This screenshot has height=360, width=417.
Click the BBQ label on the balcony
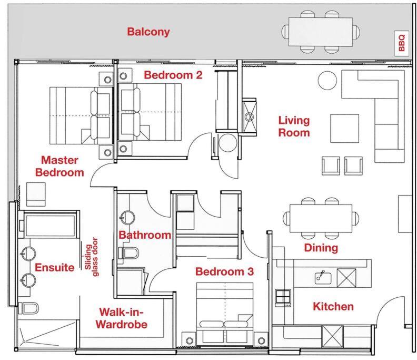(x=402, y=43)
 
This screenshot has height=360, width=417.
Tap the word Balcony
(x=148, y=32)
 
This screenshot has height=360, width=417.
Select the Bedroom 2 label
(x=173, y=75)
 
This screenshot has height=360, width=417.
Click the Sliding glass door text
(x=92, y=257)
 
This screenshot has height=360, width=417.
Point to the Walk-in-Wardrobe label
(x=122, y=318)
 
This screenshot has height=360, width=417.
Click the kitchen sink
(x=323, y=277)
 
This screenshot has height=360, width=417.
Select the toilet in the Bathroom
(x=128, y=252)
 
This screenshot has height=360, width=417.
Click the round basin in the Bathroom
(x=127, y=218)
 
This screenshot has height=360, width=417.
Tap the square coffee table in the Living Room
(x=345, y=129)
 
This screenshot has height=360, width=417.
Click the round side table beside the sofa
(x=327, y=80)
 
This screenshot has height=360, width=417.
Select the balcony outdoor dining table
(x=321, y=32)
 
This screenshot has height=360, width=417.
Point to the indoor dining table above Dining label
(x=321, y=218)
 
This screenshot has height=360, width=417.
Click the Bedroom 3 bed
(x=225, y=314)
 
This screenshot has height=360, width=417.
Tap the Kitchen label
(x=333, y=306)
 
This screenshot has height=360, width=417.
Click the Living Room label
(x=294, y=127)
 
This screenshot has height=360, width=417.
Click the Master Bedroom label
(x=59, y=166)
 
